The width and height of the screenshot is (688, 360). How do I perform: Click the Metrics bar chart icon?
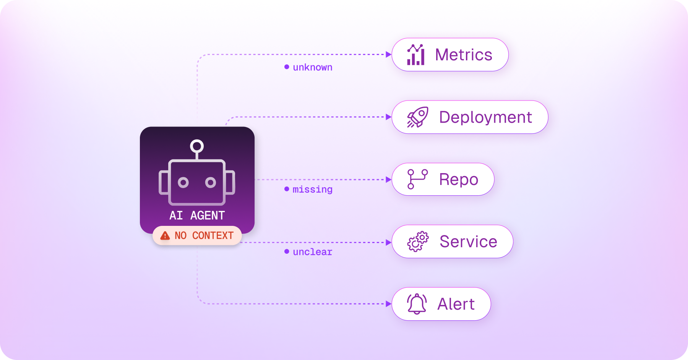pos(416,55)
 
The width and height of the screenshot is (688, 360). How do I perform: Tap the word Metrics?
pos(464,55)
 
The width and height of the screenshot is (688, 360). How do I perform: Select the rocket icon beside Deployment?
pos(417,117)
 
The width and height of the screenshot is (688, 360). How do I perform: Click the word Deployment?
pos(485,117)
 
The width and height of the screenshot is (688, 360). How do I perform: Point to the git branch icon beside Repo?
pos(417,179)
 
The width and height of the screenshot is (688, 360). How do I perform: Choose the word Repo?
pos(459,180)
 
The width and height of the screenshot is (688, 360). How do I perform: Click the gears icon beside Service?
pos(418,242)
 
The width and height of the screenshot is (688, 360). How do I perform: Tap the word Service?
pos(468,242)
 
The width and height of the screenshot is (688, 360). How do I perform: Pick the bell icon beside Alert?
pos(417,304)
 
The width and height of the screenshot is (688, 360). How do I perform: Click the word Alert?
pos(456,304)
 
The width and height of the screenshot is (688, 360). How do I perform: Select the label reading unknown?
pos(313,67)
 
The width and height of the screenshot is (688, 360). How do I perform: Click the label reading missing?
pos(313,189)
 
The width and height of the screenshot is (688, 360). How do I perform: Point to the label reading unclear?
pos(313,252)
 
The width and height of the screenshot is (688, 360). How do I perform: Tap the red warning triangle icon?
pos(165,235)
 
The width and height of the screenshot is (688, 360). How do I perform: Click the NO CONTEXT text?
pos(204,235)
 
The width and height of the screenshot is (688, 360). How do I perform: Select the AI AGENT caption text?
pos(197,216)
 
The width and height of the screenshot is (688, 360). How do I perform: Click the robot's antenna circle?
pos(197,146)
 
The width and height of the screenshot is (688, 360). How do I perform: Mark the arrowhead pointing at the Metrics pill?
pos(389,55)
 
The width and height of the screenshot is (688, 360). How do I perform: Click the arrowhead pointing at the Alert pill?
pos(389,304)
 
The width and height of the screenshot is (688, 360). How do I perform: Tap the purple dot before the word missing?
pos(287,189)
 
